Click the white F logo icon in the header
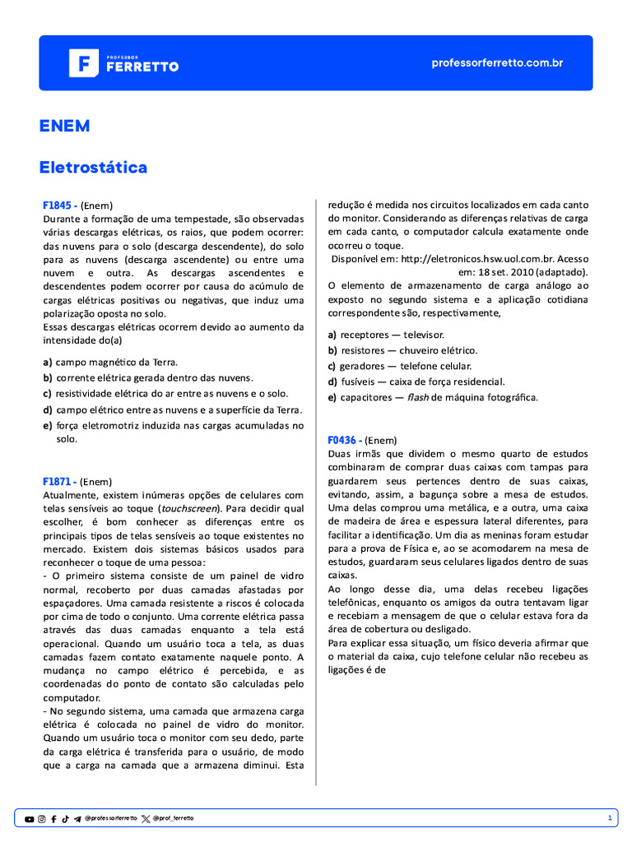click(84, 63)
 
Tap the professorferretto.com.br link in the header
click(497, 63)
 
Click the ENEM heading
click(64, 126)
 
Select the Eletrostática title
click(93, 167)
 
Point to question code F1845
click(59, 206)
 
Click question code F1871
click(59, 481)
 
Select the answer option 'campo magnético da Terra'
click(116, 362)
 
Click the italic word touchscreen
click(184, 508)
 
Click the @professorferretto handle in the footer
click(110, 818)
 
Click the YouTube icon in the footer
click(30, 818)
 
